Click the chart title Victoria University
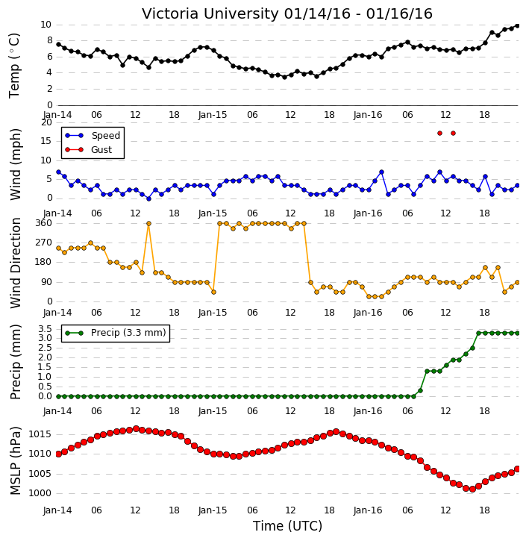210,13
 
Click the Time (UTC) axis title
288,526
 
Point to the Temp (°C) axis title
14,66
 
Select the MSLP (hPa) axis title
15,461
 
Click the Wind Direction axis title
16,263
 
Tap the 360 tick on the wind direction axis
44,223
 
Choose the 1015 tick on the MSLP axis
40,434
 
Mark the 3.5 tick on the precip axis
46,328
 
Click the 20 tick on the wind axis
46,122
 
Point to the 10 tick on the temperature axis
46,25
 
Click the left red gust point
439,133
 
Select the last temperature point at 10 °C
517,25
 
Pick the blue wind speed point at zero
148,198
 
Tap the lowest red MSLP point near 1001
472,490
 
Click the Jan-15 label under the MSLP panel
213,510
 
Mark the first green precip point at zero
58,396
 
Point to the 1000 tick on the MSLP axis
40,493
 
